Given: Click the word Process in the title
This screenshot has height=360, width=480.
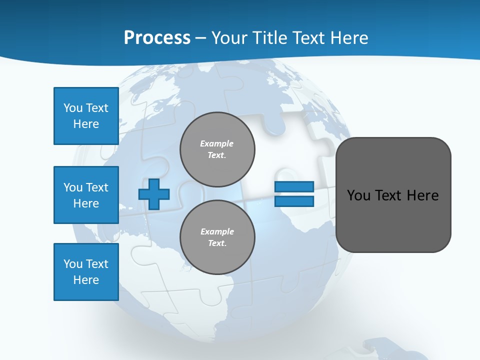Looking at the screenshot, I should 157,37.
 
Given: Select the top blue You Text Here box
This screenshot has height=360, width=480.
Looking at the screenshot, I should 86,116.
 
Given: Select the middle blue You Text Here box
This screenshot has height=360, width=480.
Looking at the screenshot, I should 86,195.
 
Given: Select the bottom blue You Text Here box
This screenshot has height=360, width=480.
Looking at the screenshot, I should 86,272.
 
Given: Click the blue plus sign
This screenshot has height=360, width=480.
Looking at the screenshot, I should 153,194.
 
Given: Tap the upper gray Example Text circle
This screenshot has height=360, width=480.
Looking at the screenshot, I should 217,149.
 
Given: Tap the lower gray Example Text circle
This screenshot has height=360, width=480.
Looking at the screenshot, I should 217,237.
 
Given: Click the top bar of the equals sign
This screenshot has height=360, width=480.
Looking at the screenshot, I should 294,186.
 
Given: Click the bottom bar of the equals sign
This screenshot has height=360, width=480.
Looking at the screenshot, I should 294,201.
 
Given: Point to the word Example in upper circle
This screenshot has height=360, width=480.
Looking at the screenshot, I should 217,143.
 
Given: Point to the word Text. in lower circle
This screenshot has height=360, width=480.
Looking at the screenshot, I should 217,243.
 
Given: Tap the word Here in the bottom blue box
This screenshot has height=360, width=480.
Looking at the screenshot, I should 86,280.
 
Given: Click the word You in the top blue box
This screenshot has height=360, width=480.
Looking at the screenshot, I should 72,108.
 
